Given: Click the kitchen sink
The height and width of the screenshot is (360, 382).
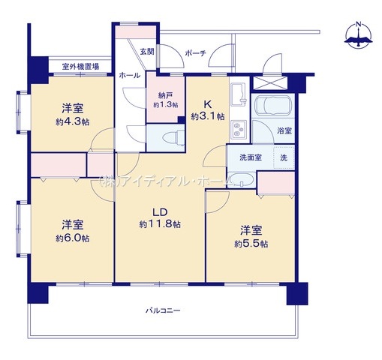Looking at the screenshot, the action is click(239, 94).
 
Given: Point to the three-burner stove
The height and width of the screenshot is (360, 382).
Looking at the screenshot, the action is click(239, 129).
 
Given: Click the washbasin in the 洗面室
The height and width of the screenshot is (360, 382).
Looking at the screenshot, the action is click(242, 179).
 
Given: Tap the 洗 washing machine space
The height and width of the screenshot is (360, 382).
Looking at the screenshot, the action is click(284, 157).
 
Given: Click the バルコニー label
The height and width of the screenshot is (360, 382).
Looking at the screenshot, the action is click(163, 310).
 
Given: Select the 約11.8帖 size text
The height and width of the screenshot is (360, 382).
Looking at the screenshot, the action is click(160, 224).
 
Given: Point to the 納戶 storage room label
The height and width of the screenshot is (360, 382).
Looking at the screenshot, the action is click(166, 95).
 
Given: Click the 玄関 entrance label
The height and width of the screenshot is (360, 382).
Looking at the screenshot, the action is click(147, 52).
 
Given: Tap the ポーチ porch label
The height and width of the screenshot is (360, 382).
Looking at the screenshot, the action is click(196, 53).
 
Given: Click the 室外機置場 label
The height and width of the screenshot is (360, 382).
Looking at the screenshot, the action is click(80, 67).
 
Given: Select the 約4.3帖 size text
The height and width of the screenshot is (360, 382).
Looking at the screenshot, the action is click(73, 122).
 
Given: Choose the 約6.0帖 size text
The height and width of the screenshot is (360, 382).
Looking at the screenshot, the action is click(73, 238).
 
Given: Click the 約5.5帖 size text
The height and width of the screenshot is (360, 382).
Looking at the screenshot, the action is click(251, 244).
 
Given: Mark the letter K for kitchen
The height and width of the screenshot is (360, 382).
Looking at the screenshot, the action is click(208, 104).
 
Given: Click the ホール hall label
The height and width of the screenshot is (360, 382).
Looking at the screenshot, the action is click(130, 75).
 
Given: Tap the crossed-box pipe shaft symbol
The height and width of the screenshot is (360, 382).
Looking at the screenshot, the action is click(270, 83).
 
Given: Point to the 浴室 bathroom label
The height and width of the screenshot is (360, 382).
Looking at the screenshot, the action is click(284, 130).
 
